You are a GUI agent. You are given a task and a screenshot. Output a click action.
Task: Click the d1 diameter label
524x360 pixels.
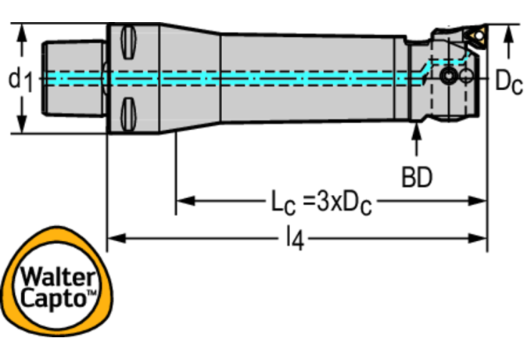tap(20, 78)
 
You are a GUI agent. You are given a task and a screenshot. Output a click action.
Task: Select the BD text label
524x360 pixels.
tap(417, 178)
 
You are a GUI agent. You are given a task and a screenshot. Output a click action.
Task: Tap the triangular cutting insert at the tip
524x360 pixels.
tap(476, 34)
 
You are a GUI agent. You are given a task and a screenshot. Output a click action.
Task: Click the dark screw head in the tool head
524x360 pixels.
tap(449, 77)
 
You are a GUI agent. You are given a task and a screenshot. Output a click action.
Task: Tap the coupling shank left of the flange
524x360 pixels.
tap(74, 77)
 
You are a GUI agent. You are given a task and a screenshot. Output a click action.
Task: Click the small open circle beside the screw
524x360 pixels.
tap(465, 77)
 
